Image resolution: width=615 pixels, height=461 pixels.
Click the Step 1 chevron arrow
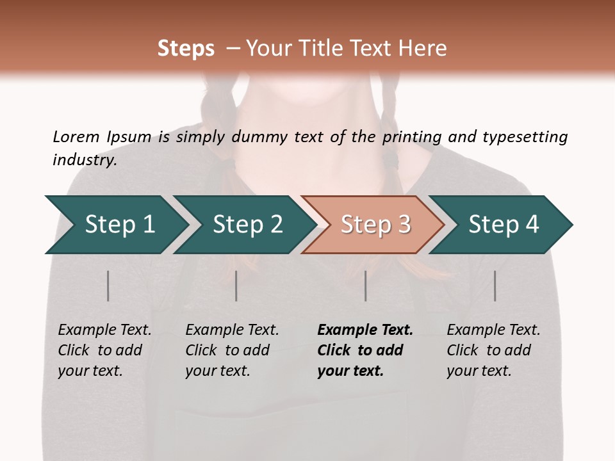(x=119, y=224)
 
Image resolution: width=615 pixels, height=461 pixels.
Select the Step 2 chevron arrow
(x=247, y=224)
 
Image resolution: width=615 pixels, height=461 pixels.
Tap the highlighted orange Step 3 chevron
(x=375, y=224)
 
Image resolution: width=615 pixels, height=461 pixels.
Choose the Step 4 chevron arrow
(x=503, y=224)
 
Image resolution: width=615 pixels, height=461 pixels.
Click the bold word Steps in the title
(x=186, y=49)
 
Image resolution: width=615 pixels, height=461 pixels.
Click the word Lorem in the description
(x=76, y=137)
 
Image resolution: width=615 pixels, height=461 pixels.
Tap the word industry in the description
(x=85, y=160)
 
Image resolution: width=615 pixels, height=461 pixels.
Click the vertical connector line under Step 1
(x=108, y=286)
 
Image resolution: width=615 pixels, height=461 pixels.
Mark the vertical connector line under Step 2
(x=236, y=286)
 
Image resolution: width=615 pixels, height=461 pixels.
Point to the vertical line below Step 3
(x=366, y=286)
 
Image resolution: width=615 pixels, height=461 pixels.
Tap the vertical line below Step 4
(x=495, y=286)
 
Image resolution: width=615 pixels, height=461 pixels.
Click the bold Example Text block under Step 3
(x=365, y=350)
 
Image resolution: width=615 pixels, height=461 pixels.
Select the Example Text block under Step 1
(x=104, y=350)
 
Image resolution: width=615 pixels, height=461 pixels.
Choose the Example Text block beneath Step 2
(x=232, y=350)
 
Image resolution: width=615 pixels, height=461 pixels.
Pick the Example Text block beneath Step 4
(x=493, y=350)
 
